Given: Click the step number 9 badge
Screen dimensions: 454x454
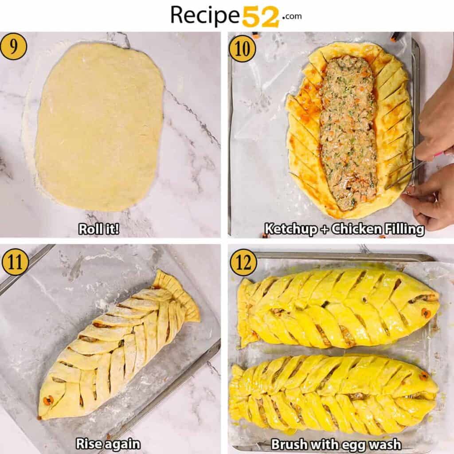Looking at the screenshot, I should pos(13,46).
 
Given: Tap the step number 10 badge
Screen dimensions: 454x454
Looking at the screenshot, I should pos(242,48).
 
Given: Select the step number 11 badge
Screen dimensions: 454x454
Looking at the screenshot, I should pos(15,262).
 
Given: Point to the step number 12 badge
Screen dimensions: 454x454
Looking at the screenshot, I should pos(243,262).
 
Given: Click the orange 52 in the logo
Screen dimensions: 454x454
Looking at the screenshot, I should pos(261,16).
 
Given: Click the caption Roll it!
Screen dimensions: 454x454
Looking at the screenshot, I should pos(98,229).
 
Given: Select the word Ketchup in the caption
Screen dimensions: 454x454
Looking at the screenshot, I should pos(291,229).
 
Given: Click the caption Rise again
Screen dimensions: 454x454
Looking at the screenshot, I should pos(108,444).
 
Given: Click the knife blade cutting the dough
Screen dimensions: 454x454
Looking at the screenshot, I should pos(401,175).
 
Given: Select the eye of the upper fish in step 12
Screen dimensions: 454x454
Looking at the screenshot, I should pos(426,313).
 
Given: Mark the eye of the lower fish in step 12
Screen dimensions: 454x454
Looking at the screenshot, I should pos(424,376).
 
